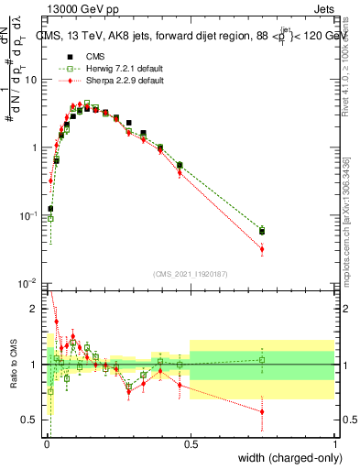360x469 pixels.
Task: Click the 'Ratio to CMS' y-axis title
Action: [12, 364]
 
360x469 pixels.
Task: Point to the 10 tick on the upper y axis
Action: [32, 80]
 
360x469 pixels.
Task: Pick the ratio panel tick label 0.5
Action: [32, 420]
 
